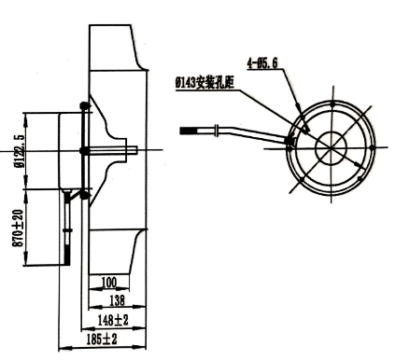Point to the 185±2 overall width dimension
coord(102,339)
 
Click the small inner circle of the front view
coord(332,147)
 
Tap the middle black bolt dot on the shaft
coord(85,149)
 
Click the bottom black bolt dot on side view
coord(85,195)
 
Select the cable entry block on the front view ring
coord(289,143)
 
